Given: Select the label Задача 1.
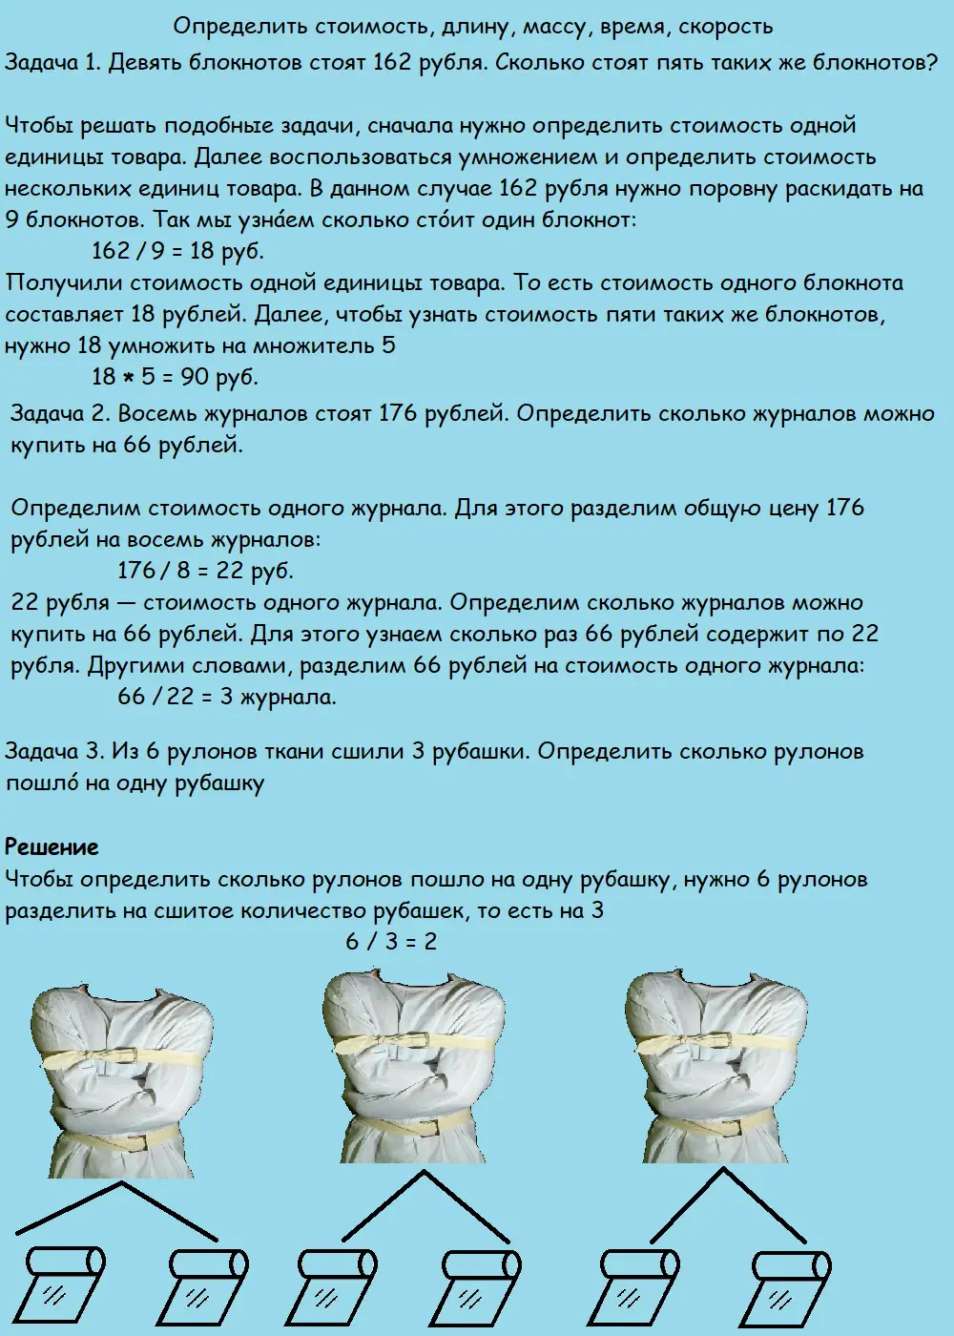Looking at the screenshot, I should (x=53, y=63).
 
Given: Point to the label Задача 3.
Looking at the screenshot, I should (x=53, y=752).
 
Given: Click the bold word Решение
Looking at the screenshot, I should (x=52, y=846).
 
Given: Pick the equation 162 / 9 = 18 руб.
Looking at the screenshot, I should (x=177, y=252).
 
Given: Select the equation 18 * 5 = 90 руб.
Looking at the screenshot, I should (x=175, y=377).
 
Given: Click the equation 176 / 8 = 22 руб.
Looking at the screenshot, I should (x=205, y=571).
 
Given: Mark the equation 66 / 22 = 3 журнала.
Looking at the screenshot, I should (x=227, y=697).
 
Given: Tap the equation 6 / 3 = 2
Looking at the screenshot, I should (x=391, y=941).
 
